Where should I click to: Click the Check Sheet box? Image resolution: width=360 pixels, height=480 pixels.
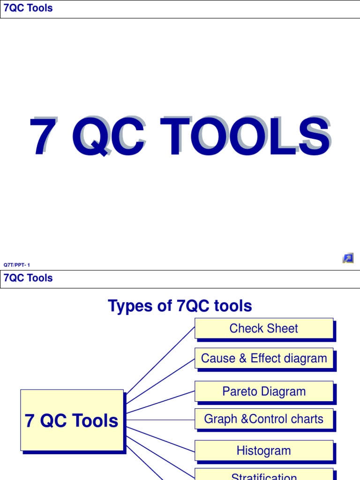[x=264, y=329]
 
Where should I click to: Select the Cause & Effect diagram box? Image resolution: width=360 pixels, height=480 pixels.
[x=264, y=359]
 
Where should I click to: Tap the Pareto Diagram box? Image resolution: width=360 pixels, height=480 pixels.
[x=264, y=391]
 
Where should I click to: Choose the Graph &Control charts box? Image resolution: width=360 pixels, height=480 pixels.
[x=264, y=419]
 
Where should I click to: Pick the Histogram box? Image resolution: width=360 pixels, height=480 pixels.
[x=264, y=450]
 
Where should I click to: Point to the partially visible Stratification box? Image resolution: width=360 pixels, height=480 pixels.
[x=264, y=475]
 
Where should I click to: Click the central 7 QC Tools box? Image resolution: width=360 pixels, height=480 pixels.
[x=72, y=420]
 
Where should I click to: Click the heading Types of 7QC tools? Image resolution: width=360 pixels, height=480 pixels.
[x=180, y=306]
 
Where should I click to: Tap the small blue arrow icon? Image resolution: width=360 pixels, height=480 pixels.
[x=348, y=258]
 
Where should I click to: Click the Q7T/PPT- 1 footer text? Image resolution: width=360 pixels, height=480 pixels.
[x=17, y=265]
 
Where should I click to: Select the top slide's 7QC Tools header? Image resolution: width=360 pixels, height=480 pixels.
[x=28, y=8]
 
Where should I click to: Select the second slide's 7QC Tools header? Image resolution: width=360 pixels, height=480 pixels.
[x=28, y=278]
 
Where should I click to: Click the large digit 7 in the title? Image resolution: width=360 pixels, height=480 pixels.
[x=42, y=137]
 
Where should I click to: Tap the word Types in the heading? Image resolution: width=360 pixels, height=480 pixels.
[x=129, y=306]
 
